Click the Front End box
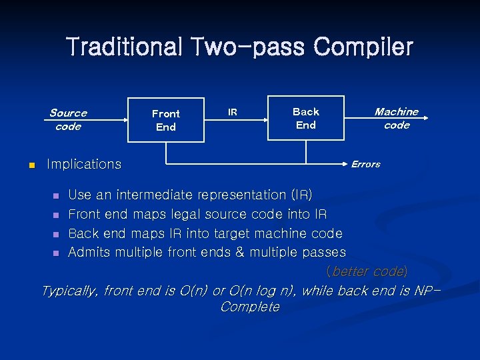pos(165,120)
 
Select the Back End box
pos(305,118)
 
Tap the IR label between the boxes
pos(232,112)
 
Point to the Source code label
pos(68,120)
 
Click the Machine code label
pos(396,119)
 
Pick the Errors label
pos(365,164)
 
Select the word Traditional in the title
pos(125,47)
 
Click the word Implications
pos(84,164)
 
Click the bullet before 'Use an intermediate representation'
pos(56,196)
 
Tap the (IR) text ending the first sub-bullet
pos(301,195)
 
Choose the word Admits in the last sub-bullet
pos(90,252)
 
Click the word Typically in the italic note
pos(69,291)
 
